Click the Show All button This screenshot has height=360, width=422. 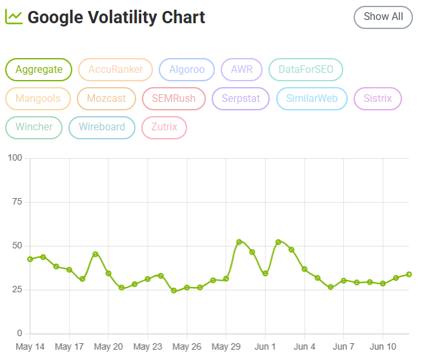[383, 17]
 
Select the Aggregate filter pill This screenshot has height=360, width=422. [39, 70]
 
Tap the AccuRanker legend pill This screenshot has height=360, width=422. [116, 70]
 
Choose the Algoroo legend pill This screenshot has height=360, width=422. [186, 70]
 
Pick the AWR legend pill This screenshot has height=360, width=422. [242, 70]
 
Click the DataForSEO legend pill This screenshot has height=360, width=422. [306, 70]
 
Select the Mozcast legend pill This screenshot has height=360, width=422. [106, 99]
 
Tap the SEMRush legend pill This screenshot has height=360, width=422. [174, 99]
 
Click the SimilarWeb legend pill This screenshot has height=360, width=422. [312, 99]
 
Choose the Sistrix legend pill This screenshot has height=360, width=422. [377, 99]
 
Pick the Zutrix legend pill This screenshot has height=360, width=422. [164, 128]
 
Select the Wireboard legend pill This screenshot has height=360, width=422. [102, 128]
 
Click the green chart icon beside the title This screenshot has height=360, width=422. [14, 17]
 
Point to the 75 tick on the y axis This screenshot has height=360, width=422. [17, 202]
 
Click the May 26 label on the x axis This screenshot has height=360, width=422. [186, 347]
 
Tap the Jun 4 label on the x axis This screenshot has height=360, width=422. [305, 347]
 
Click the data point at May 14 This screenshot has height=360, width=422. [30, 259]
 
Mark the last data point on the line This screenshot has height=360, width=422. [409, 274]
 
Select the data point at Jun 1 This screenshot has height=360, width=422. [265, 274]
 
